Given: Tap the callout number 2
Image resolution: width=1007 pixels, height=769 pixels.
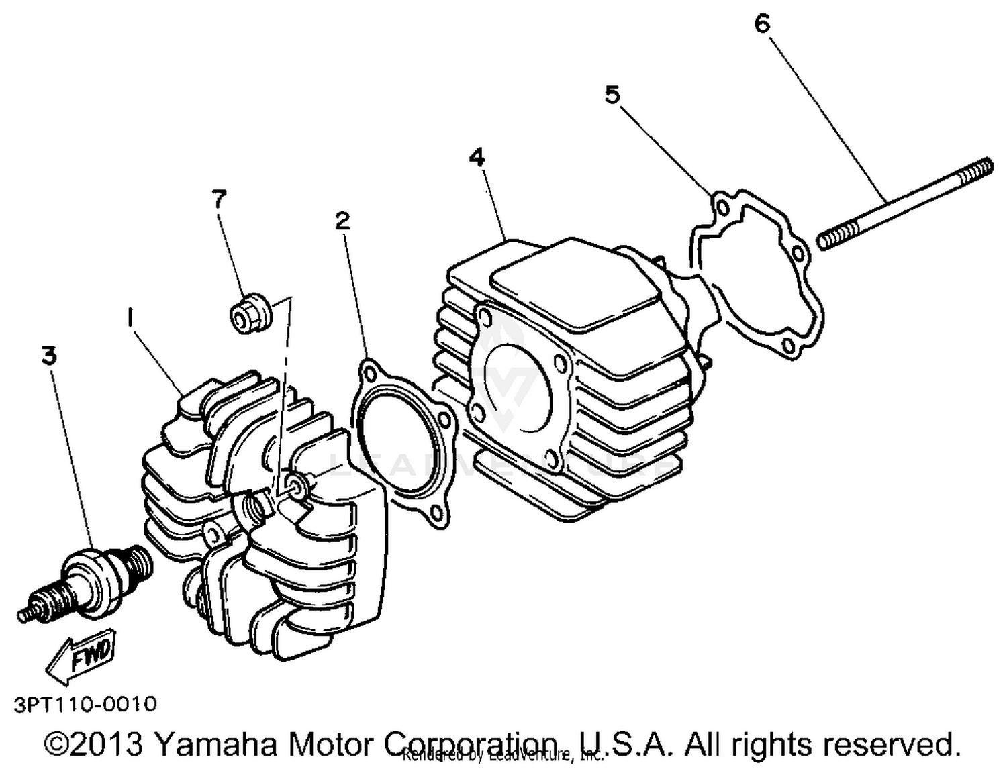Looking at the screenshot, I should tap(342, 221).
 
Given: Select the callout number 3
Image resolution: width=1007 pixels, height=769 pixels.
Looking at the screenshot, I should tap(49, 356).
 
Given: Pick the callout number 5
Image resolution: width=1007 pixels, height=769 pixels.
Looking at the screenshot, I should tap(612, 95).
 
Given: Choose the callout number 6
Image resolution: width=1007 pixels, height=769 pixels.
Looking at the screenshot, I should tap(762, 23).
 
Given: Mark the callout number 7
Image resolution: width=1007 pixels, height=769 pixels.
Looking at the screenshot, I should tap(219, 199).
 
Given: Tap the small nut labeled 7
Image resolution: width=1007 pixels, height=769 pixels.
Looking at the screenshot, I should tap(250, 312).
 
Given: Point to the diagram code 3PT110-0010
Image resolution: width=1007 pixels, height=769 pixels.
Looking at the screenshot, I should tap(85, 704).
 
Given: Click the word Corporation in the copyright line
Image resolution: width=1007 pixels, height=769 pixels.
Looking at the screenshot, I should tap(470, 744).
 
